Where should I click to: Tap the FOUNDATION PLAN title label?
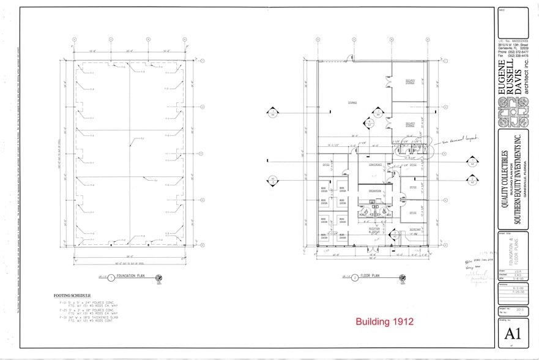pos(133,277)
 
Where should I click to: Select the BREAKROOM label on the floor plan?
pos(374,192)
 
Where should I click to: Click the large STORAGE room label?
pos(352,102)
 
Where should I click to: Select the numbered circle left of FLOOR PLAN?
pos(355,277)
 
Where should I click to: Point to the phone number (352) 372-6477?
pos(510,52)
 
